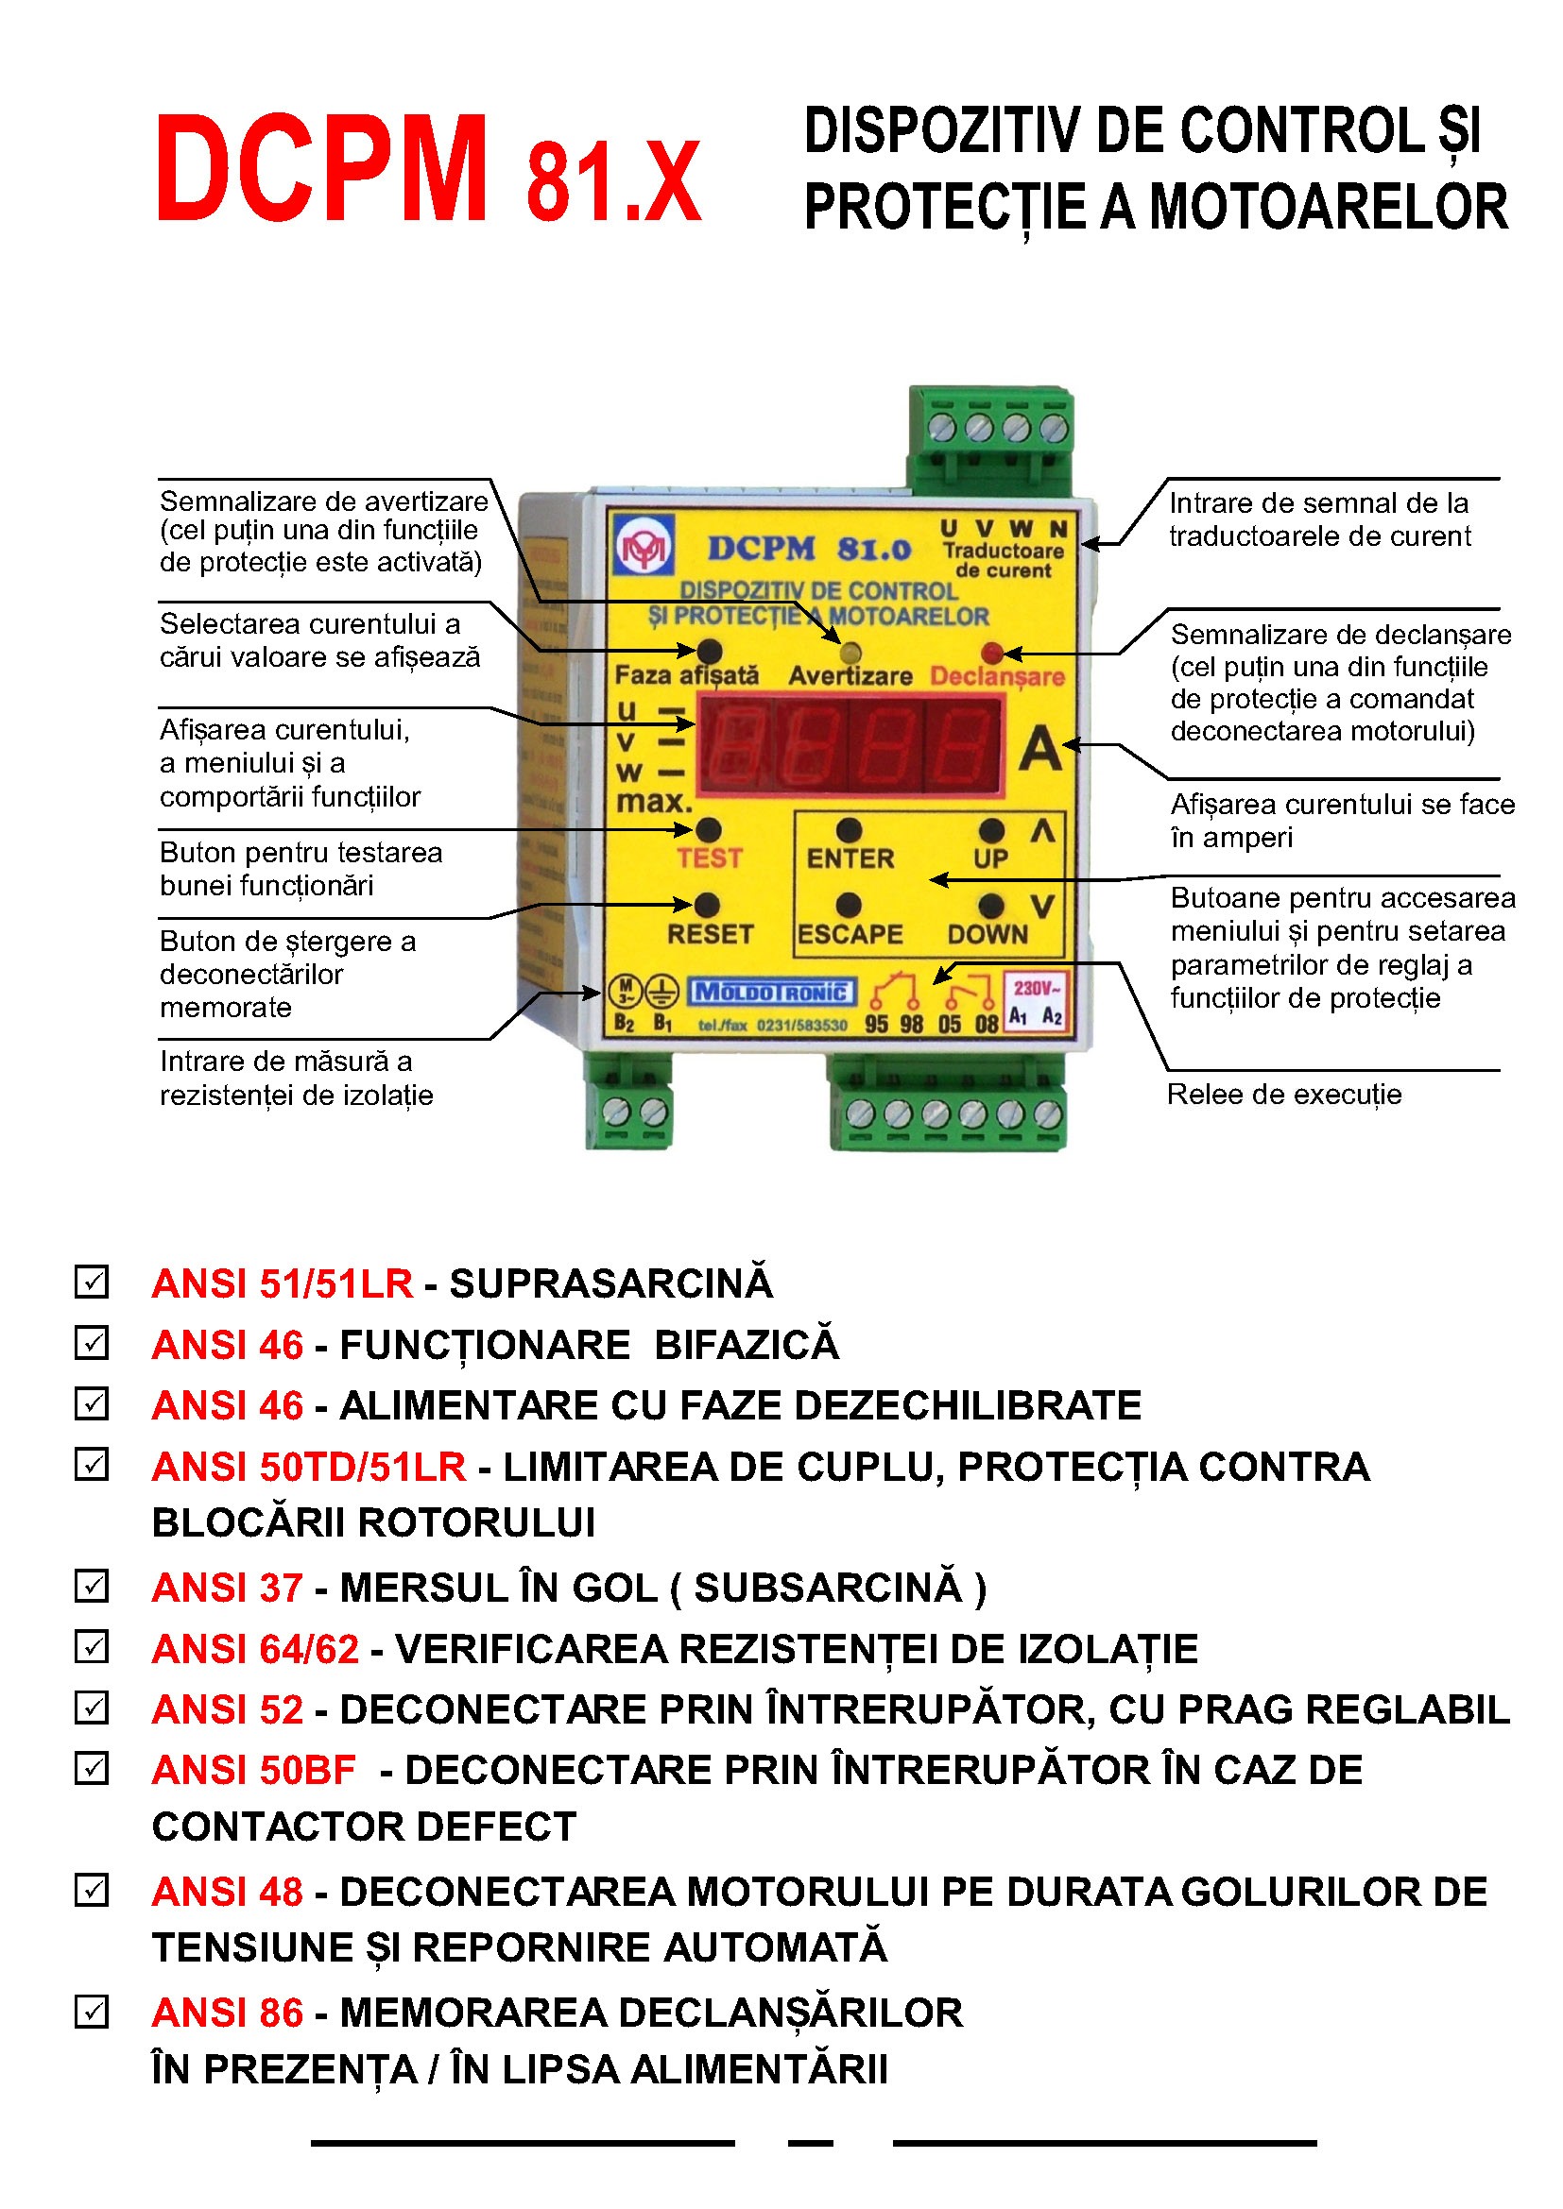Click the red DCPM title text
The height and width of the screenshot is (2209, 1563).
pos(320,169)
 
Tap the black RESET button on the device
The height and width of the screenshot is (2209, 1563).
pos(707,906)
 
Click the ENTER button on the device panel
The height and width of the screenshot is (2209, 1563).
pos(849,830)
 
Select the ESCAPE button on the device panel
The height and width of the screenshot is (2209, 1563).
pos(849,906)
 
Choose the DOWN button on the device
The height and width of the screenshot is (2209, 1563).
pos(990,906)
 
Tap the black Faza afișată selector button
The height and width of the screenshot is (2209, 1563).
pos(710,652)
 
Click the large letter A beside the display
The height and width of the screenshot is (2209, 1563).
pos(1040,749)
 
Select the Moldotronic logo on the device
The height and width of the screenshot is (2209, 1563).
pos(772,992)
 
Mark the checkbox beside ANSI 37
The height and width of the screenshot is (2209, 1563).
pos(92,1586)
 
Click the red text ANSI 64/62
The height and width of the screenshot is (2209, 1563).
pos(255,1649)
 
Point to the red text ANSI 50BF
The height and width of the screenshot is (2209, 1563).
pos(254,1770)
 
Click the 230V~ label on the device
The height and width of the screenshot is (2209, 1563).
pos(1036,988)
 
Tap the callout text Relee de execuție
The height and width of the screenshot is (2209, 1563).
pos(1284,1095)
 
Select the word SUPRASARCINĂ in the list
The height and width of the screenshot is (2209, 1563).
pos(611,1283)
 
